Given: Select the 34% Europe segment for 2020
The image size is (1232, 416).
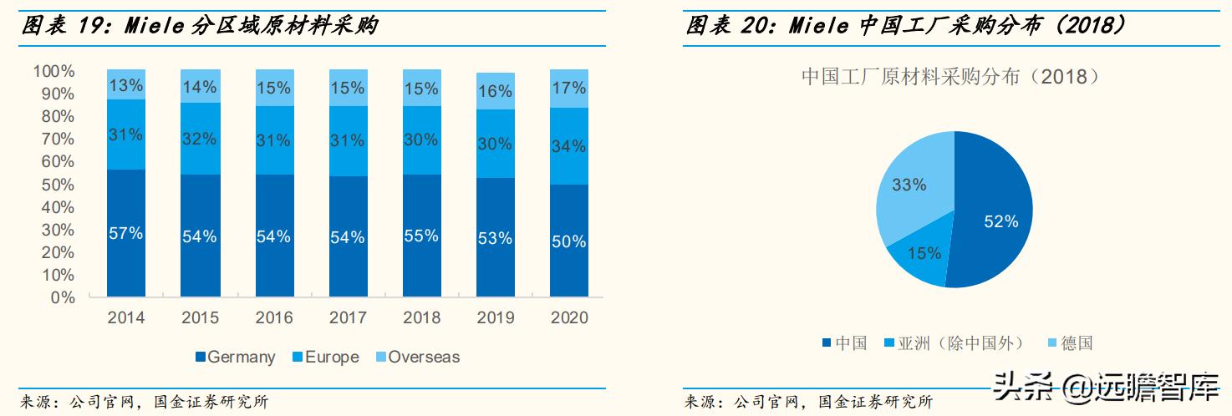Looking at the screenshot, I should (569, 146).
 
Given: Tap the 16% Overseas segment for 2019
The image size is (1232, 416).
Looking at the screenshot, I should (495, 91).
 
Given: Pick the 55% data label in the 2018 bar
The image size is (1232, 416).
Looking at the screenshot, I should (421, 236).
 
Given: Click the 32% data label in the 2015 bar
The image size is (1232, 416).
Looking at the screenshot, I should (200, 139).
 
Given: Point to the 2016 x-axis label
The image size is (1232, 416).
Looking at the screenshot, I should (274, 318).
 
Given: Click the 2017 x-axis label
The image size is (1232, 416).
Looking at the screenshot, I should (348, 318).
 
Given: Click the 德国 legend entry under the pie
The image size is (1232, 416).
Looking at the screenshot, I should (1069, 343).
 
